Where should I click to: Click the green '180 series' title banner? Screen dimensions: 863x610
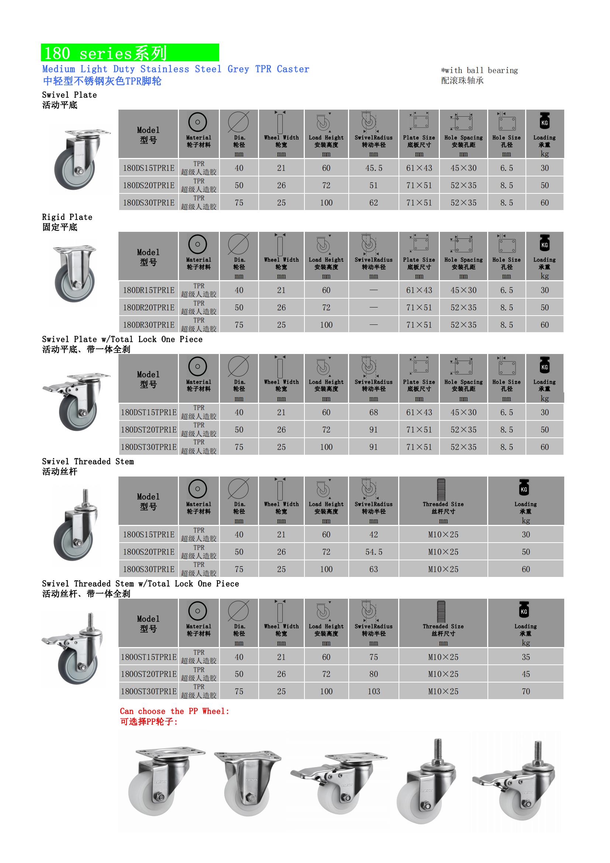point(130,53)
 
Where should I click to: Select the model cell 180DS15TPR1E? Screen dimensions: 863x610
point(148,168)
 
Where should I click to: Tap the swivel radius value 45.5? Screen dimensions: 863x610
point(373,168)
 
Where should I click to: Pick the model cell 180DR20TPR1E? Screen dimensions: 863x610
point(148,307)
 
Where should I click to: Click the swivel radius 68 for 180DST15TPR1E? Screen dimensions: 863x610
point(373,412)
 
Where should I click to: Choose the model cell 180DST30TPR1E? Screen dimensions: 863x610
point(148,447)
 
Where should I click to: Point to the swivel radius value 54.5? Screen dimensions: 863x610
point(373,552)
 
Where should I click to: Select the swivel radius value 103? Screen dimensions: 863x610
point(373,691)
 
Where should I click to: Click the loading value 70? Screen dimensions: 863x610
point(525,691)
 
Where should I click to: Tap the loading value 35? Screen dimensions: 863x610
point(525,657)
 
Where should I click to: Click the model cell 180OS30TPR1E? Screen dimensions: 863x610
point(148,569)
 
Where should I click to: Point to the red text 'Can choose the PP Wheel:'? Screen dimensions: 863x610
point(175,711)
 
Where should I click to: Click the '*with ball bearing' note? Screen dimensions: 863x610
point(479,70)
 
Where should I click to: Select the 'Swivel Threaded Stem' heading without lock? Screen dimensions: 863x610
point(87,461)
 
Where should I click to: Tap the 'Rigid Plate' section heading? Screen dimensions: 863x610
point(67,217)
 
